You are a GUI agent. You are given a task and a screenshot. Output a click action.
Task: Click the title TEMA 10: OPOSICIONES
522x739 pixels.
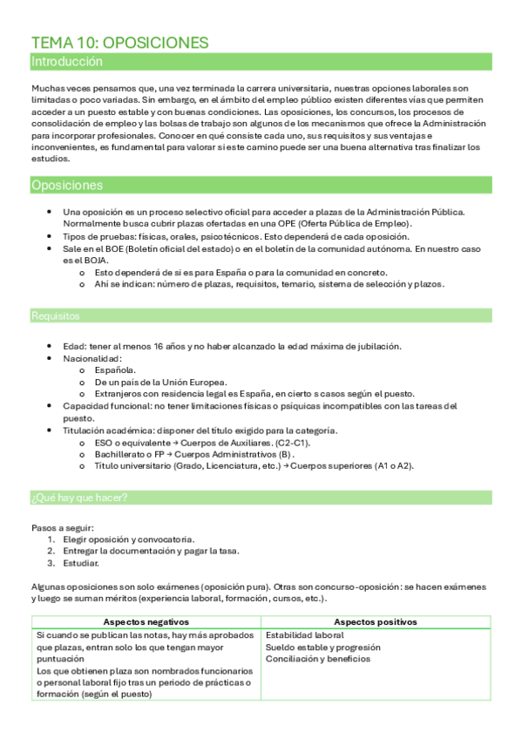click(119, 43)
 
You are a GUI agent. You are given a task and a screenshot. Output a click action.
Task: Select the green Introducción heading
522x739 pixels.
click(67, 62)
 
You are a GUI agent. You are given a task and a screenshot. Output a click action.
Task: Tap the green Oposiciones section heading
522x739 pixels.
click(66, 185)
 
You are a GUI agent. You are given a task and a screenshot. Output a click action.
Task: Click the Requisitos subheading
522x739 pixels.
click(55, 315)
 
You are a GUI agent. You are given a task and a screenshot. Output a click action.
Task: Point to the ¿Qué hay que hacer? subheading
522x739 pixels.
click(79, 498)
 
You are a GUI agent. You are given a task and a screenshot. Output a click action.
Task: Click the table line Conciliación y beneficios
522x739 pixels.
click(318, 660)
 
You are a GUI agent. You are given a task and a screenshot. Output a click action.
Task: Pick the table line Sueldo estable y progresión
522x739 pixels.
click(322, 647)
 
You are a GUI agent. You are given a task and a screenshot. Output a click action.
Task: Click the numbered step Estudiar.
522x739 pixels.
click(82, 563)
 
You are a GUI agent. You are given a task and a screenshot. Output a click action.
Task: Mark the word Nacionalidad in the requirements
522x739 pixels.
click(92, 358)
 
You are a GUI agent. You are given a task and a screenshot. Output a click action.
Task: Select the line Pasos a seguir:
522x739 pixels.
click(63, 527)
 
